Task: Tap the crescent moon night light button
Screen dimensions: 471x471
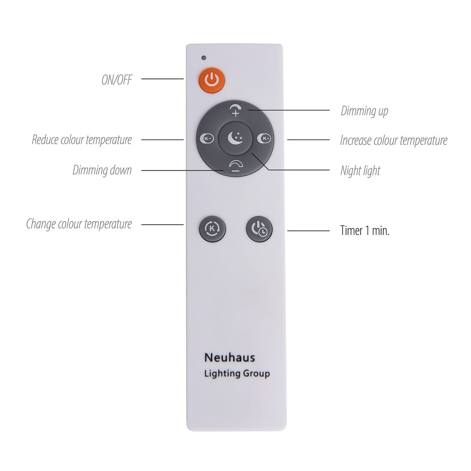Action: point(235,138)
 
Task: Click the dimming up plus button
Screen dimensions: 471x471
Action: point(235,110)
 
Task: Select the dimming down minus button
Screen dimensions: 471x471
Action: point(235,166)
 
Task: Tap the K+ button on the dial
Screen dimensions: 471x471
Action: point(264,138)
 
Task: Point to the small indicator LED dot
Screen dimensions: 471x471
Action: point(204,57)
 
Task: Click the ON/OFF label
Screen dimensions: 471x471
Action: point(117,80)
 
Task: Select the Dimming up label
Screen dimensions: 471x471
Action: point(364,111)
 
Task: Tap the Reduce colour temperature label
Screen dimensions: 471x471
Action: point(82,140)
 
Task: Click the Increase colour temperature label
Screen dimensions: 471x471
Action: point(394,140)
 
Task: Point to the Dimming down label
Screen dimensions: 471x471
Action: point(102,170)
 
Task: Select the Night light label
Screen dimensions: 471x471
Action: point(360,171)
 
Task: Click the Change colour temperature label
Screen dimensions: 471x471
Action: point(79,224)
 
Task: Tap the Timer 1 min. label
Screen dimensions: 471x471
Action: point(365,231)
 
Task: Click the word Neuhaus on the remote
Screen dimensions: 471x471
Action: point(230,357)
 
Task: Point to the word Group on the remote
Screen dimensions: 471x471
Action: point(256,373)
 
